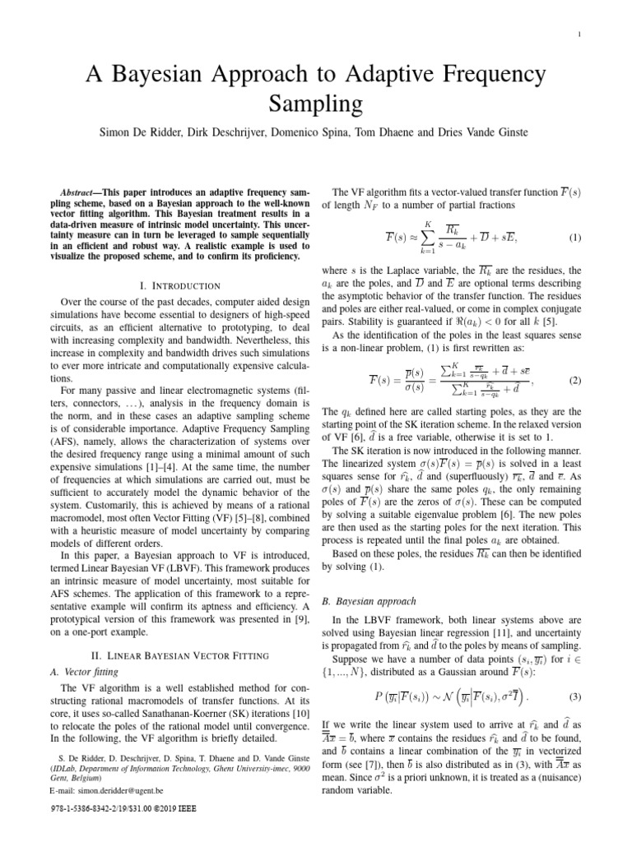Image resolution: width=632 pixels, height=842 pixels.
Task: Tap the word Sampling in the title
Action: pos(316,105)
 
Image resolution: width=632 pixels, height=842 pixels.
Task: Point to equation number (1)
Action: pos(574,238)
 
